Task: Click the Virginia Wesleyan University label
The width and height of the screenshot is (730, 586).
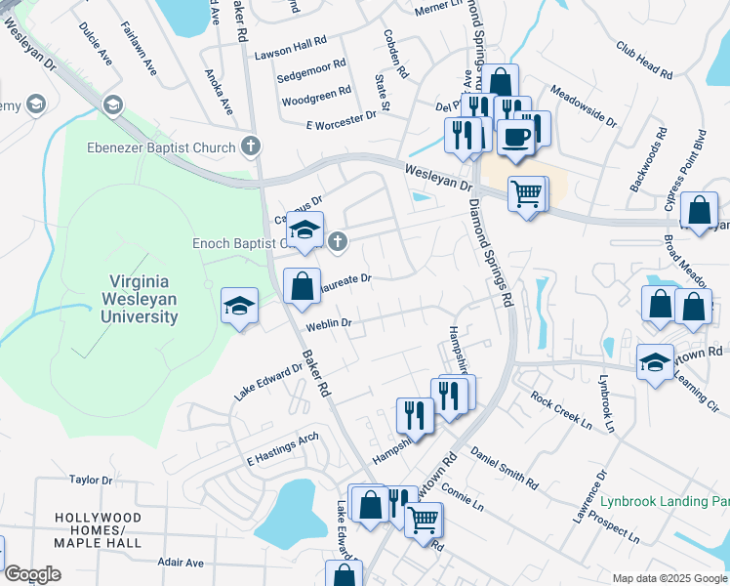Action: pos(143,300)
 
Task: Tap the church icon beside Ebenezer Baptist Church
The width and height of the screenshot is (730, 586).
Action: pos(251,147)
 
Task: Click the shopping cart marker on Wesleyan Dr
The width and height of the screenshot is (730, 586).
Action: pos(526,194)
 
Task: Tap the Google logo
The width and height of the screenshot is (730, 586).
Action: pos(32,574)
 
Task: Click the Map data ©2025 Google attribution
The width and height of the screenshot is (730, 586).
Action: pos(668,578)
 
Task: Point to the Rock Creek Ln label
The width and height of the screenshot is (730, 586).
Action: pos(561,411)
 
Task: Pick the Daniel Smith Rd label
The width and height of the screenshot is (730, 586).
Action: pos(504,467)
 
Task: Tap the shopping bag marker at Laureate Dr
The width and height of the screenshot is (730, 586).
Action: pos(302,286)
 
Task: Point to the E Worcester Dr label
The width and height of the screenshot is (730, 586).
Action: pos(341,115)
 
